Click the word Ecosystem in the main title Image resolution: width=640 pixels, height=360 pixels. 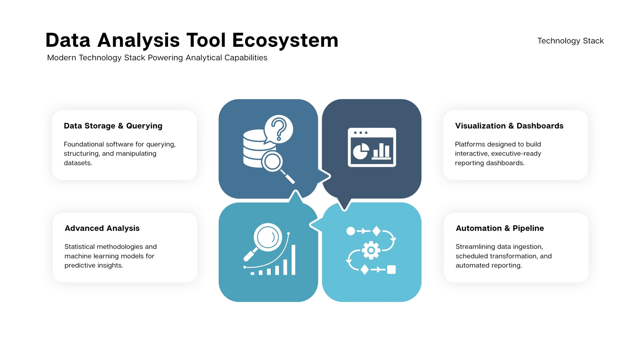point(285,40)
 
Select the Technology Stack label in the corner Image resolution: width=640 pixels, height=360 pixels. point(570,41)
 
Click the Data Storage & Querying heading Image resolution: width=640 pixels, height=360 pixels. point(113,126)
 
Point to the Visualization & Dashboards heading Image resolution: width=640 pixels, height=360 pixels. point(509,126)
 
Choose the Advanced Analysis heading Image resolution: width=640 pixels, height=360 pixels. point(102,228)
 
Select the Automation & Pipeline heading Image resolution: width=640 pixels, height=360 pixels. point(500,228)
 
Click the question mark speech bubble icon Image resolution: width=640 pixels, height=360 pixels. point(278,130)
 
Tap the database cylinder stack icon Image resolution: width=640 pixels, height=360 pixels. point(255,148)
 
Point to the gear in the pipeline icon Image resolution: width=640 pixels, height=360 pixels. point(371,250)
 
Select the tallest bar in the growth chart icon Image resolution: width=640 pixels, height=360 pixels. point(293,260)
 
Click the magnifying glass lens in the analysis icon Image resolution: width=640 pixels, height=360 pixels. point(268,237)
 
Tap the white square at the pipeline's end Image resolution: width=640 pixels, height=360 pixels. point(392,270)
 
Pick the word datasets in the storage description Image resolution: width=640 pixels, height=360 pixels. point(78,163)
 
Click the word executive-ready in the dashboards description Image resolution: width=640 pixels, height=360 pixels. point(516,154)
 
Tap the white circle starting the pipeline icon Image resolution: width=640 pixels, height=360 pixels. point(350,231)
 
